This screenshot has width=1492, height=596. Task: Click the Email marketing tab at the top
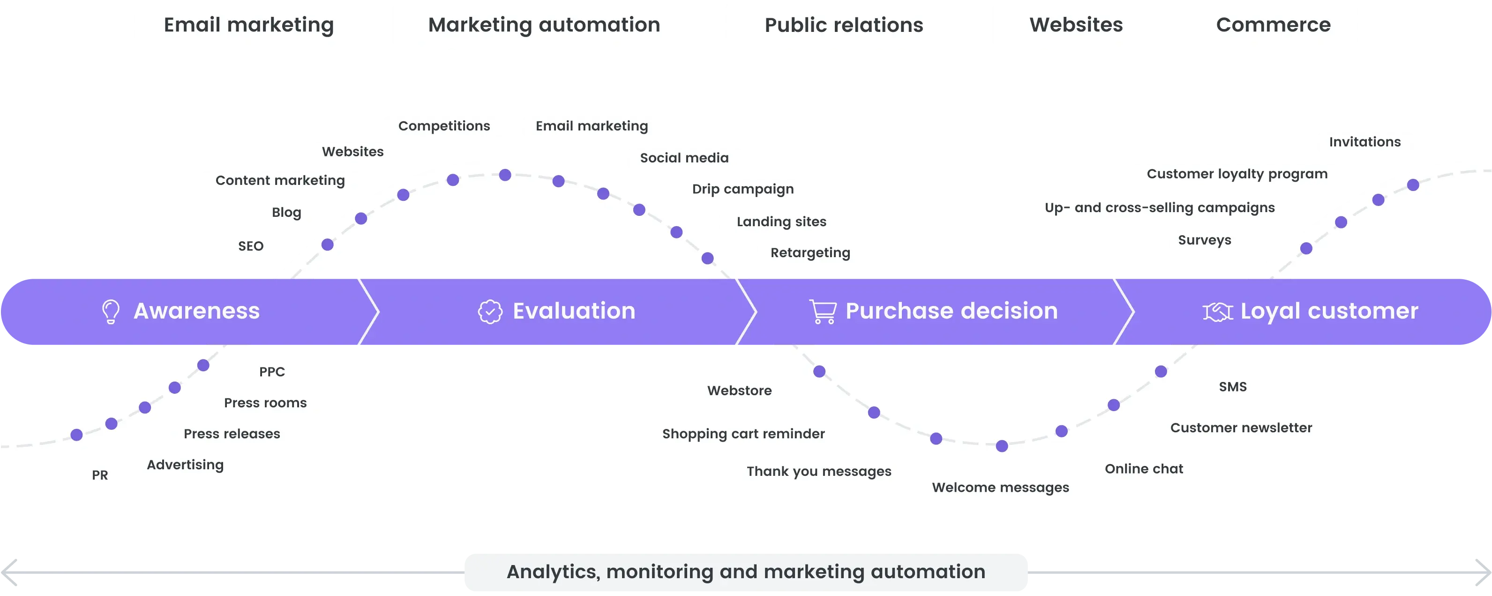click(x=248, y=25)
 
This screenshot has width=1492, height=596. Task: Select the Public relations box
click(x=843, y=25)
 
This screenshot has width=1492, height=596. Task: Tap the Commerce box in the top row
click(x=1274, y=25)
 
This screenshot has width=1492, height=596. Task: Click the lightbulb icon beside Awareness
click(x=111, y=311)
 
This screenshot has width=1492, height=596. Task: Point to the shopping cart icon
click(x=823, y=311)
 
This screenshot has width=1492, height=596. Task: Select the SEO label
click(x=251, y=246)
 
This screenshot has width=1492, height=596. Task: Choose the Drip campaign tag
click(x=742, y=190)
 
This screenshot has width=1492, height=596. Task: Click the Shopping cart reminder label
click(x=742, y=434)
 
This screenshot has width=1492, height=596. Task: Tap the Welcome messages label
click(x=1000, y=488)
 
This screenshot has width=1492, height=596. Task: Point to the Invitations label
click(x=1365, y=143)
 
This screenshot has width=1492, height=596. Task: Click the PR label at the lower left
click(x=100, y=476)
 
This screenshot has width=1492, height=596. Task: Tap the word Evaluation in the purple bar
click(x=574, y=311)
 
